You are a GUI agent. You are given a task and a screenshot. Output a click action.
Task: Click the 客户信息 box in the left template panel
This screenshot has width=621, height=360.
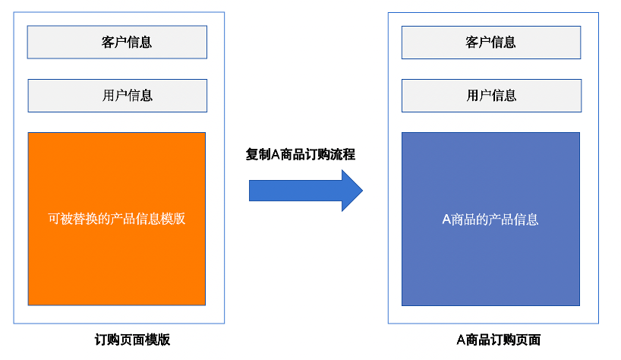117,42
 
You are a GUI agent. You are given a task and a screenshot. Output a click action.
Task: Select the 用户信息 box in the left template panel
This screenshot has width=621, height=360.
117,95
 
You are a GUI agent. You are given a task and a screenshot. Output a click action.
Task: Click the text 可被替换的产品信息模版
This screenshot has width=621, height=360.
117,219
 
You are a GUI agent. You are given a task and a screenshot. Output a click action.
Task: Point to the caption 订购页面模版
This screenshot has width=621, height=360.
132,339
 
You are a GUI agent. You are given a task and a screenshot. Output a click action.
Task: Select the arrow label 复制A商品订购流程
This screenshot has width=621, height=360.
301,154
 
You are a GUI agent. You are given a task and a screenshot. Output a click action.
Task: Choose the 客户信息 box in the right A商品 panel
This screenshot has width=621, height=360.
490,43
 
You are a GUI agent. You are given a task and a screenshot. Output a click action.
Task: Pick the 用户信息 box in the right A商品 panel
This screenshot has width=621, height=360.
490,95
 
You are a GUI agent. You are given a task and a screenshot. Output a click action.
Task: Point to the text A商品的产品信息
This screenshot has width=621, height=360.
490,219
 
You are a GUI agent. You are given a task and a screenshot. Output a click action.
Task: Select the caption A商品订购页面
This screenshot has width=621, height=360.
499,339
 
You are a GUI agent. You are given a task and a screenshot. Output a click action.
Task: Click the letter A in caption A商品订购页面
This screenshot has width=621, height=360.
461,339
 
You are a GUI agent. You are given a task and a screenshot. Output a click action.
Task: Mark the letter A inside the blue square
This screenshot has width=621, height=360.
446,219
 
